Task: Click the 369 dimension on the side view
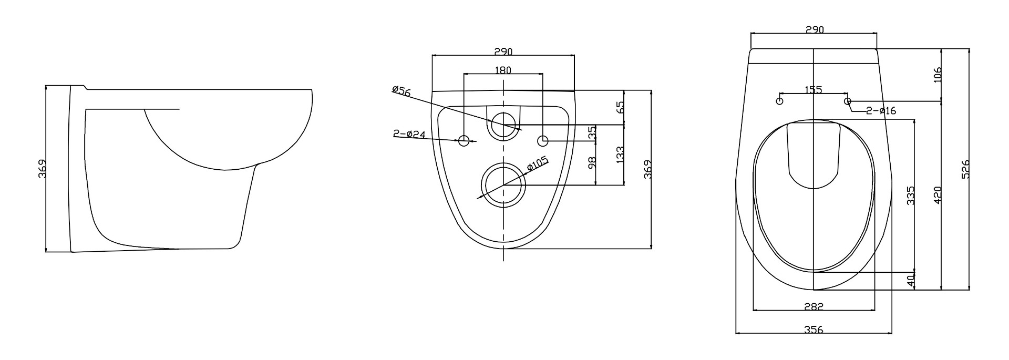[x=42, y=169]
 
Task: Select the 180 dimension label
[x=503, y=69]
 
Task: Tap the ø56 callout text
[x=401, y=90]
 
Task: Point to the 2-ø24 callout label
[x=409, y=133]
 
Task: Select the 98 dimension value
[x=592, y=163]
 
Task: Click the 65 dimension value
[x=620, y=107]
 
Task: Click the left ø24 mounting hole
[x=464, y=140]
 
